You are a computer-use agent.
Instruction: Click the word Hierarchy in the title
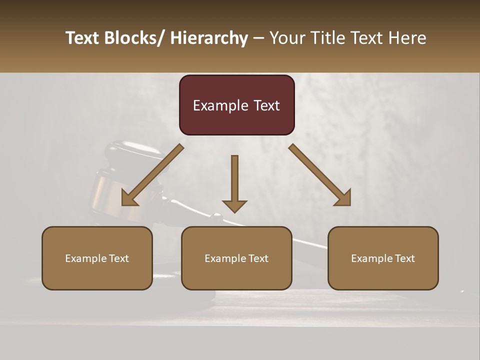209,38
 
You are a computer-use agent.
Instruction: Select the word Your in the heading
287,38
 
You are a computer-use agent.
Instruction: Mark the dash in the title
258,38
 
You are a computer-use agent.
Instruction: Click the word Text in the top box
266,105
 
